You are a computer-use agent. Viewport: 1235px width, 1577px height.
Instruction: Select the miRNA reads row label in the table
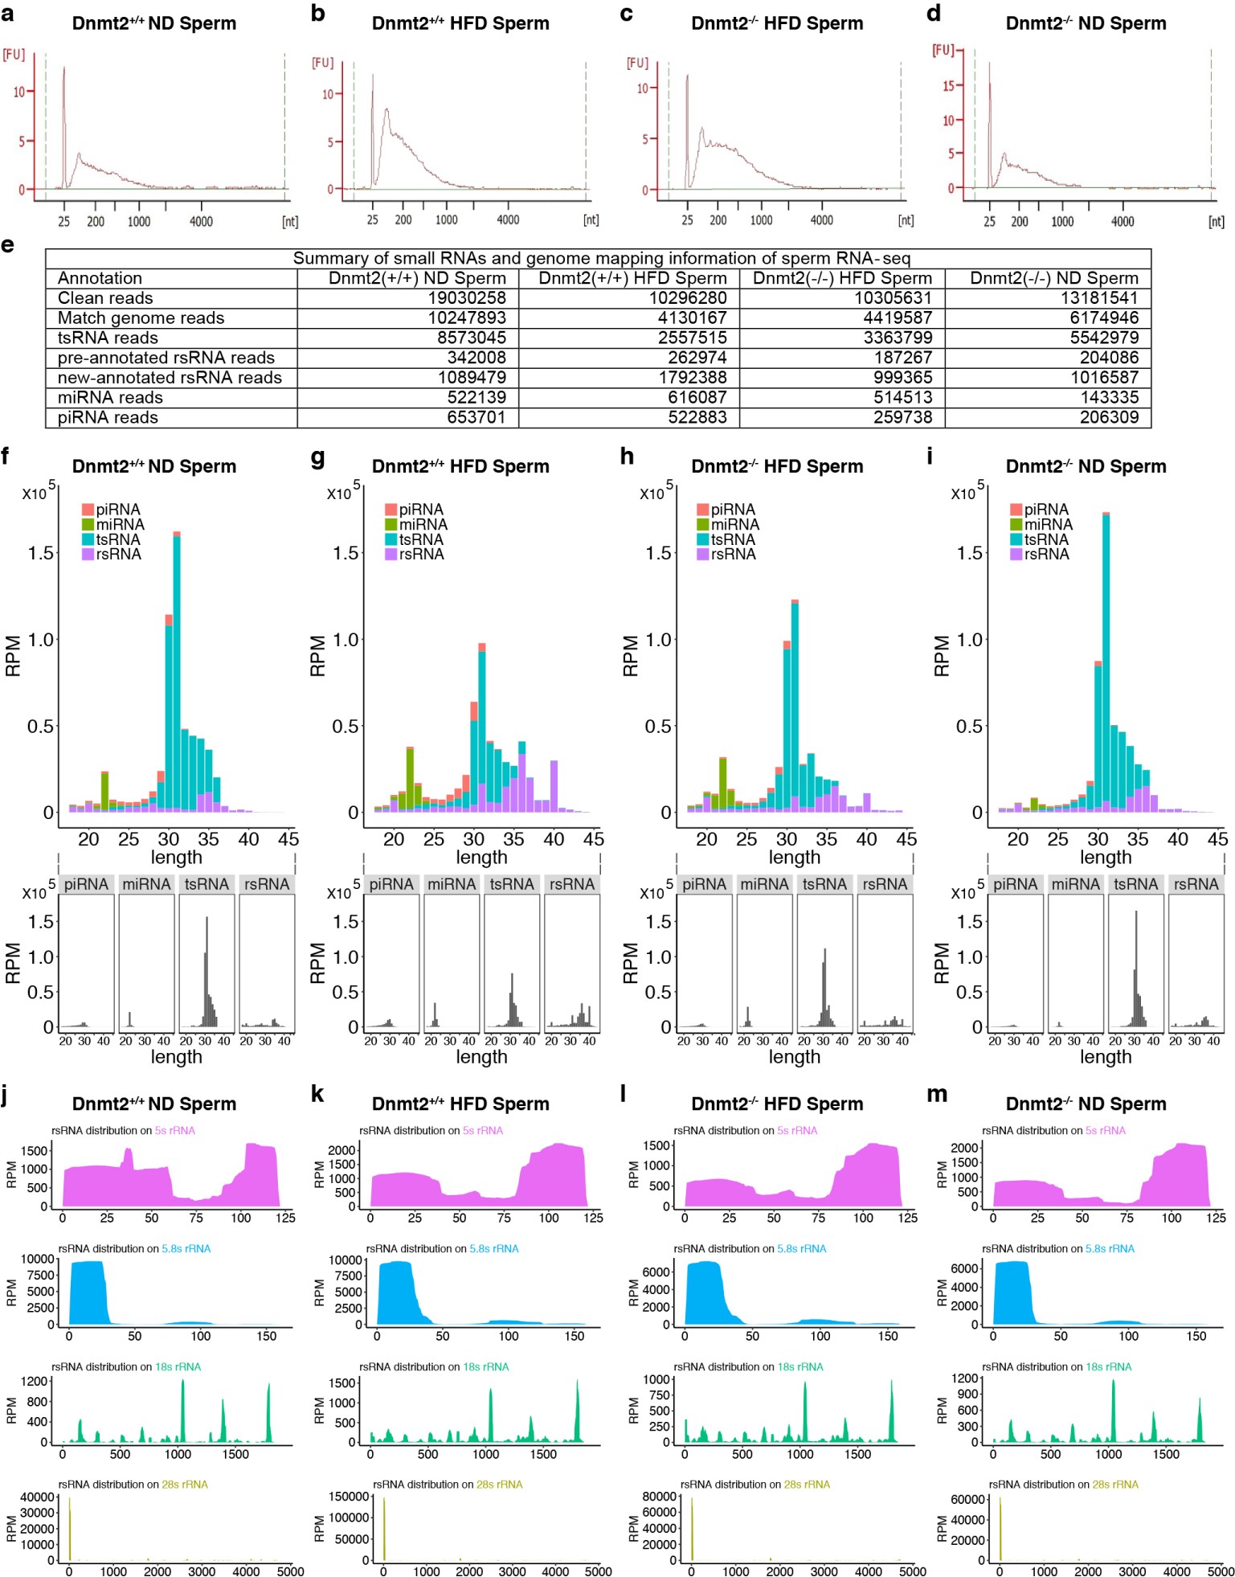click(x=110, y=398)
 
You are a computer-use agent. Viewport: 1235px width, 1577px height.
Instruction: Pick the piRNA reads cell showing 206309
click(x=1109, y=417)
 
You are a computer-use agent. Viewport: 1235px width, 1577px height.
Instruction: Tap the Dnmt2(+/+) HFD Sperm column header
click(x=632, y=278)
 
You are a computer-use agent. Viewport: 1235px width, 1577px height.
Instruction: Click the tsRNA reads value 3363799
click(x=898, y=338)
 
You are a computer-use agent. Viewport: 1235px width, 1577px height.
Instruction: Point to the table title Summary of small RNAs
click(x=601, y=258)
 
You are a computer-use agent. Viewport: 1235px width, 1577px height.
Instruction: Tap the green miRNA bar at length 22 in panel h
click(x=723, y=783)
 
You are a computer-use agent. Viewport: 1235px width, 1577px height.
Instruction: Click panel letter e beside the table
click(x=7, y=244)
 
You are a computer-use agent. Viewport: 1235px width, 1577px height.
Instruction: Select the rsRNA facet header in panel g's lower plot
click(x=571, y=884)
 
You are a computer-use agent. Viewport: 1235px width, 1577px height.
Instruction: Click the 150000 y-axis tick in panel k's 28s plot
click(x=349, y=1497)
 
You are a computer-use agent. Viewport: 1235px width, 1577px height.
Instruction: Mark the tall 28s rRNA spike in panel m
click(x=1000, y=1527)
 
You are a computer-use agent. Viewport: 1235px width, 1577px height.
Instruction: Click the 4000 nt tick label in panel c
click(x=821, y=220)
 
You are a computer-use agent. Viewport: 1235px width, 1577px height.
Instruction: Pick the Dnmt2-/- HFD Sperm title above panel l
click(x=776, y=1104)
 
